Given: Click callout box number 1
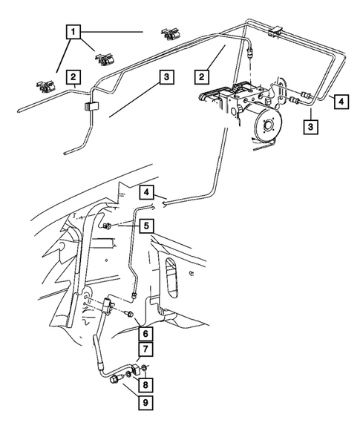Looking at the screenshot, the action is click(x=73, y=32).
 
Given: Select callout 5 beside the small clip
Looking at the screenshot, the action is click(x=147, y=226).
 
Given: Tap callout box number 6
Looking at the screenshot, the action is click(x=145, y=333).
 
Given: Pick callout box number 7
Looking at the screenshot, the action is click(x=145, y=349).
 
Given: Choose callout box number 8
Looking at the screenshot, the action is click(x=145, y=385).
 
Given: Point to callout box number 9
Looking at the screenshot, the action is click(x=145, y=402).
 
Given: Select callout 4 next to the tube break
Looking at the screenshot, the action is click(x=147, y=192).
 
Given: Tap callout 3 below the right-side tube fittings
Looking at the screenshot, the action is click(x=311, y=127).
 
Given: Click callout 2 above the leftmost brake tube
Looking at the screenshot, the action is click(x=73, y=77).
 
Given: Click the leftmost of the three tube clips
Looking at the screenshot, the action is click(x=45, y=86).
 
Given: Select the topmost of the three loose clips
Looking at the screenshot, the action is click(x=169, y=34).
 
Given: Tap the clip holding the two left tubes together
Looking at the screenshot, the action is click(x=91, y=107).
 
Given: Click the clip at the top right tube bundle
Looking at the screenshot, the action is click(x=275, y=31).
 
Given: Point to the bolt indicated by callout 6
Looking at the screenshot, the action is click(x=129, y=314).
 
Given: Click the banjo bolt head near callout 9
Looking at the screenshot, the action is click(x=115, y=380).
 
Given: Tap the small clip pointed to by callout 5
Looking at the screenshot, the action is click(x=106, y=226).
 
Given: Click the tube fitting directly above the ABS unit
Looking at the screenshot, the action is click(x=250, y=51).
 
